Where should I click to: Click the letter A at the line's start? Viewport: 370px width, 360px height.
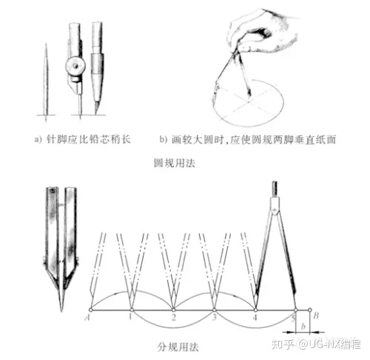tap(87, 318)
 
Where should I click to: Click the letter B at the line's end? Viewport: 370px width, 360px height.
tap(316, 316)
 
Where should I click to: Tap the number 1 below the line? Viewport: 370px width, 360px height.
tap(130, 317)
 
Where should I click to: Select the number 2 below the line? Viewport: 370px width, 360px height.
tap(174, 318)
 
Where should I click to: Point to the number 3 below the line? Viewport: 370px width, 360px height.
tap(215, 317)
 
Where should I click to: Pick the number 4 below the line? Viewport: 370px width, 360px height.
tap(255, 318)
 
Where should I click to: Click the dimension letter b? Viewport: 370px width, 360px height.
tap(303, 326)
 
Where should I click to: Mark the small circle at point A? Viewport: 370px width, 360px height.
tap(90, 310)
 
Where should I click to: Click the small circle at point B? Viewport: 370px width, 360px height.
tap(310, 310)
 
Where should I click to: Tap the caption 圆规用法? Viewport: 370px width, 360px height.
tap(175, 163)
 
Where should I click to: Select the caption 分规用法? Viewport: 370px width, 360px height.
tap(178, 347)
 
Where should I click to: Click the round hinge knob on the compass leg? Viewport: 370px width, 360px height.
tap(75, 66)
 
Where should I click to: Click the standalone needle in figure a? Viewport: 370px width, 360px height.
tap(46, 82)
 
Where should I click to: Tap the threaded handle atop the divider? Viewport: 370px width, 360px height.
tap(275, 189)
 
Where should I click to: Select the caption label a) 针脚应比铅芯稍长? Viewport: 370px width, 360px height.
tap(82, 140)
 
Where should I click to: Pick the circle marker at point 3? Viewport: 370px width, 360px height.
tap(215, 310)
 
